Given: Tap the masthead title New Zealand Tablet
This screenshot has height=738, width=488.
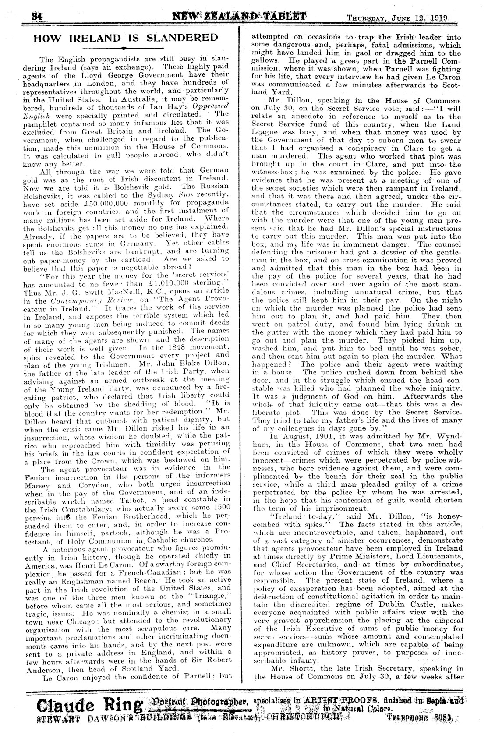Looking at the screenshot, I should click(x=239, y=18).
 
